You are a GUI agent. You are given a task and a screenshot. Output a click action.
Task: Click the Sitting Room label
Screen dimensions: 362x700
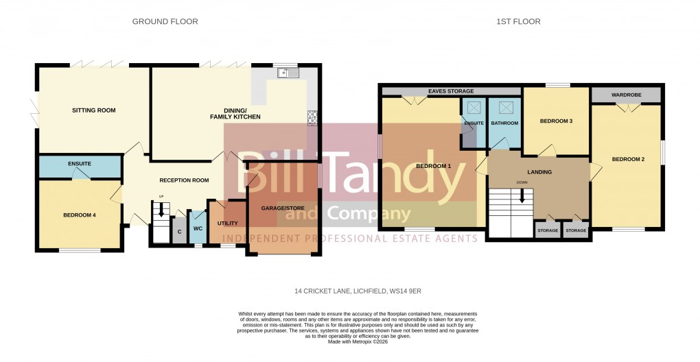click(x=94, y=110)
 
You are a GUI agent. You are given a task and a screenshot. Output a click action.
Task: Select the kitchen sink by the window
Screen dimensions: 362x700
click(x=287, y=71)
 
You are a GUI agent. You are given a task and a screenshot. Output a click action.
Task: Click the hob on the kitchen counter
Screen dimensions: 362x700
click(x=312, y=118)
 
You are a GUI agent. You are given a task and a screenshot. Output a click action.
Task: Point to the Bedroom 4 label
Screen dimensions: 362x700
click(x=80, y=215)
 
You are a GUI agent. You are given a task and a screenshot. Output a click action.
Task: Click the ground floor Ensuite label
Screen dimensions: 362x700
click(x=80, y=164)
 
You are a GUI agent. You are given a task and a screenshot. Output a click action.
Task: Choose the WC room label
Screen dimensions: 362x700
click(x=197, y=228)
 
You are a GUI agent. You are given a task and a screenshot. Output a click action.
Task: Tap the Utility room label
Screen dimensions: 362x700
click(x=227, y=224)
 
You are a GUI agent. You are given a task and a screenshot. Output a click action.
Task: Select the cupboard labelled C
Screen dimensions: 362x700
click(x=179, y=232)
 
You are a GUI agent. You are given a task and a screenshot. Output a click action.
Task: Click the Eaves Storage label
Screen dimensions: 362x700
click(x=450, y=91)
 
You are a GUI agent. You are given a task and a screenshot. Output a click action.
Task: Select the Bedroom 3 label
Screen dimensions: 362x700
click(x=556, y=121)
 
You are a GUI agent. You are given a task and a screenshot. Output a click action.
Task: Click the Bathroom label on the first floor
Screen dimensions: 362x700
click(x=504, y=123)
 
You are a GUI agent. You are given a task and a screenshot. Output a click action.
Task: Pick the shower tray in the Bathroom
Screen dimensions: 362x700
click(x=507, y=107)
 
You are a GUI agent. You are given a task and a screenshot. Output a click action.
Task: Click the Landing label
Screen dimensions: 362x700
click(x=540, y=171)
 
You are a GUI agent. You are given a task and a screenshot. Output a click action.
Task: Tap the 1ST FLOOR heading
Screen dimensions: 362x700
click(x=518, y=22)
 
